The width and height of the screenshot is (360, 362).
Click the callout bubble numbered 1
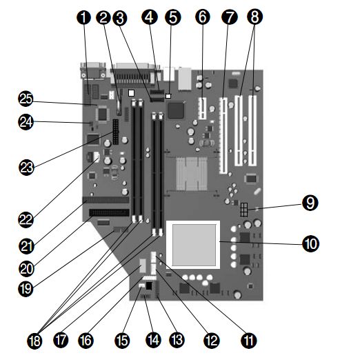pos(83,17)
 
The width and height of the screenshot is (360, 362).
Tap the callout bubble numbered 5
pos(172,17)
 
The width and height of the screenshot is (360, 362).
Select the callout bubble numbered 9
pos(310,203)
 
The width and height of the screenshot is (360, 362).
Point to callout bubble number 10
pos(310,244)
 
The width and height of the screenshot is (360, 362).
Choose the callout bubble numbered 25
pos(26,99)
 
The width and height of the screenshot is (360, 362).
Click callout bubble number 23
pos(26,168)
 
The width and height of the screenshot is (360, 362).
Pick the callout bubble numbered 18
pos(35,341)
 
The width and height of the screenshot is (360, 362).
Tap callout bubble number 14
pos(153,341)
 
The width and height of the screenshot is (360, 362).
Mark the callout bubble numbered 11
pos(249,341)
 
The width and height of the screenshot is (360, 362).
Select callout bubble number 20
pos(26,269)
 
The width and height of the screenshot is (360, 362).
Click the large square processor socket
pos(193,245)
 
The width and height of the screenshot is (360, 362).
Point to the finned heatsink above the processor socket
pos(192,173)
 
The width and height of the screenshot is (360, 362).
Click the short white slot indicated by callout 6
pos(202,108)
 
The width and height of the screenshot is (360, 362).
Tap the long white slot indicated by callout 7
pos(223,136)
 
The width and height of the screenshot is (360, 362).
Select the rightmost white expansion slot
pos(252,131)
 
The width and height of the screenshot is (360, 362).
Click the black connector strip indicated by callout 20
pos(110,212)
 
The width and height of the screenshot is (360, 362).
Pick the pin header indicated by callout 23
pos(115,132)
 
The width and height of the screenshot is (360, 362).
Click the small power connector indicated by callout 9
pos(244,210)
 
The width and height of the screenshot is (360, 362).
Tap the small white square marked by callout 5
pos(168,96)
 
